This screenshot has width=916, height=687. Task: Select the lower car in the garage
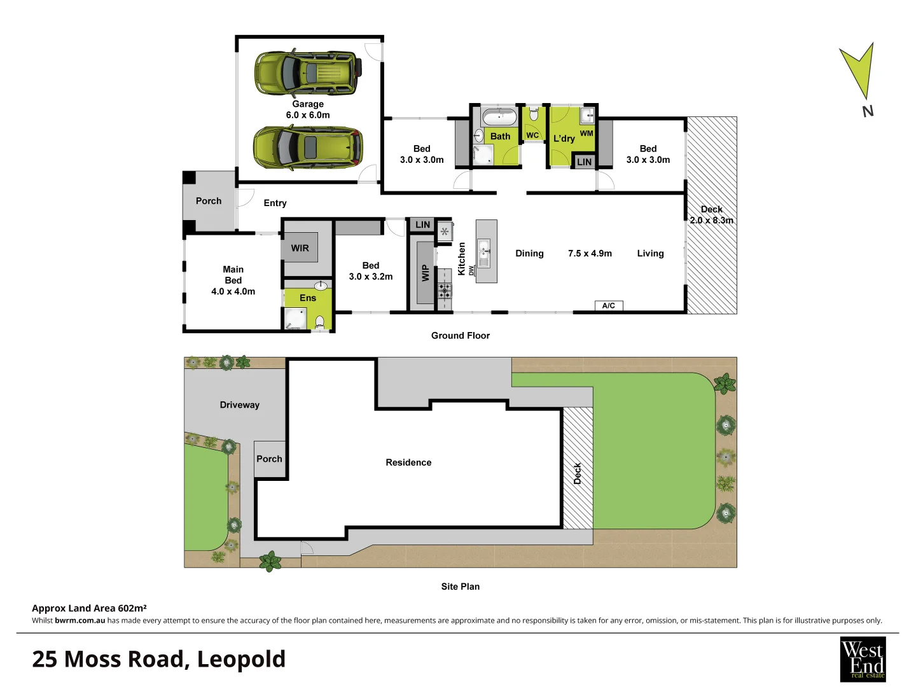(x=308, y=147)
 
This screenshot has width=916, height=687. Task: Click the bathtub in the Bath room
(x=499, y=118)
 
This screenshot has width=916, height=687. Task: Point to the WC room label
(x=532, y=135)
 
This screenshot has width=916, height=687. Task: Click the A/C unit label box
(x=609, y=306)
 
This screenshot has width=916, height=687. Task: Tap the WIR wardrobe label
(x=300, y=248)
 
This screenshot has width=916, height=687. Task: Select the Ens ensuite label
(x=308, y=298)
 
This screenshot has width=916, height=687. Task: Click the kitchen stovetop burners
(x=444, y=291)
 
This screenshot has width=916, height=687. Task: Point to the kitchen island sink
(x=484, y=247)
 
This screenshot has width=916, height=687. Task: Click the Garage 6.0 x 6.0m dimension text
(x=308, y=115)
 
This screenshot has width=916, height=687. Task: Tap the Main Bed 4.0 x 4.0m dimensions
(x=233, y=291)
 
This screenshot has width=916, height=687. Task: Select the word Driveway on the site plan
(x=240, y=405)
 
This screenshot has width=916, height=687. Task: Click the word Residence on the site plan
(x=408, y=462)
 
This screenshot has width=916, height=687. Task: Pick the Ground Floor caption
(x=461, y=335)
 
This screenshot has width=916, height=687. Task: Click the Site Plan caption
(x=461, y=586)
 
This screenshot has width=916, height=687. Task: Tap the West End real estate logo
(x=863, y=659)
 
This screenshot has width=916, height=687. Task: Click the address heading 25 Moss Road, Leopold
(x=159, y=659)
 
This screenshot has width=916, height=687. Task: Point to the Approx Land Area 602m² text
(x=90, y=608)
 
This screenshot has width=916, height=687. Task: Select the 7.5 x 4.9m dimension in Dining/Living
(x=590, y=253)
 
